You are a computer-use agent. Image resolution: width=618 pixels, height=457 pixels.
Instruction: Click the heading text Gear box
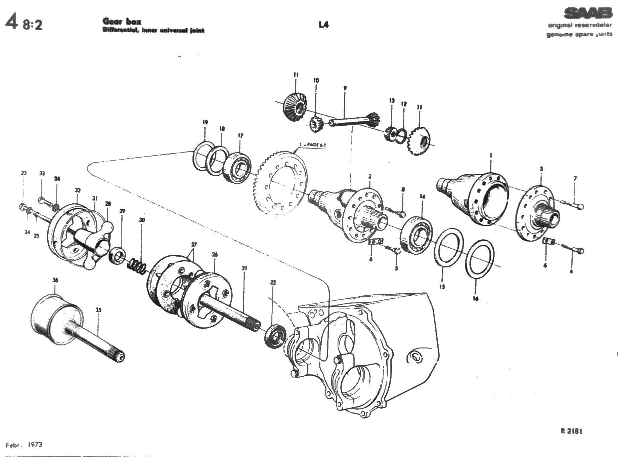tap(122, 22)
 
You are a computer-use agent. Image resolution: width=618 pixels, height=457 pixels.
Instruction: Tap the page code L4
tap(323, 25)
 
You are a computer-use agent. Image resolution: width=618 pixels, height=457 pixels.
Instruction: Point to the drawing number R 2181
tap(571, 431)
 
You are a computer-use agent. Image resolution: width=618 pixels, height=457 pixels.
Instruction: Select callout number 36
tap(55, 280)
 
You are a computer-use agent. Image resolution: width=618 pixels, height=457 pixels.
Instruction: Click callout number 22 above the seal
tap(273, 283)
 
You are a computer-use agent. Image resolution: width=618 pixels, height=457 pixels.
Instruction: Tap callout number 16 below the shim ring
tap(475, 298)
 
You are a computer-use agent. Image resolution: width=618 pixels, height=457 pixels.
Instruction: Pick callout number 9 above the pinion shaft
tap(345, 88)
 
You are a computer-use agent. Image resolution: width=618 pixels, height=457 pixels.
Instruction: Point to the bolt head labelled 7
tap(580, 206)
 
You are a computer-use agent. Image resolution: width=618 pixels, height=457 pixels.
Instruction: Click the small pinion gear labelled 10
tap(315, 124)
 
